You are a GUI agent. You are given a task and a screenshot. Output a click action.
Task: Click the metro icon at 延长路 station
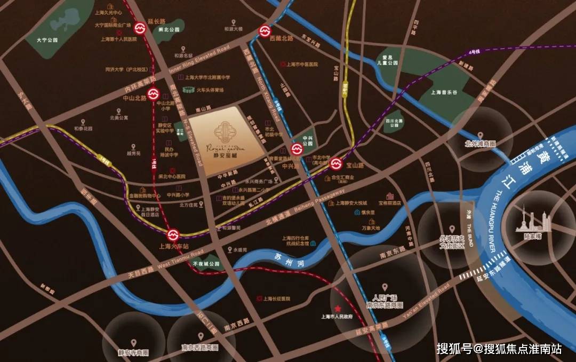click(x=140, y=28)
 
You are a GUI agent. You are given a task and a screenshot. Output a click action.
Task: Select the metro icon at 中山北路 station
click(x=153, y=94)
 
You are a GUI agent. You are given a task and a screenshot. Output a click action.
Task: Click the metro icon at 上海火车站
click(x=172, y=235)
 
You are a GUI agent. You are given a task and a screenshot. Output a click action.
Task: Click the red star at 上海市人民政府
click(x=338, y=309)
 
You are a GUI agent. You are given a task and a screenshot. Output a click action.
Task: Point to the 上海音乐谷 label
click(x=444, y=92)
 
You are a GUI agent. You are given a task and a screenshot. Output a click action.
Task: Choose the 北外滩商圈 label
click(x=480, y=144)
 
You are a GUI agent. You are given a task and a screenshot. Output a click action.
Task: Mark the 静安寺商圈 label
click(x=133, y=353)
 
